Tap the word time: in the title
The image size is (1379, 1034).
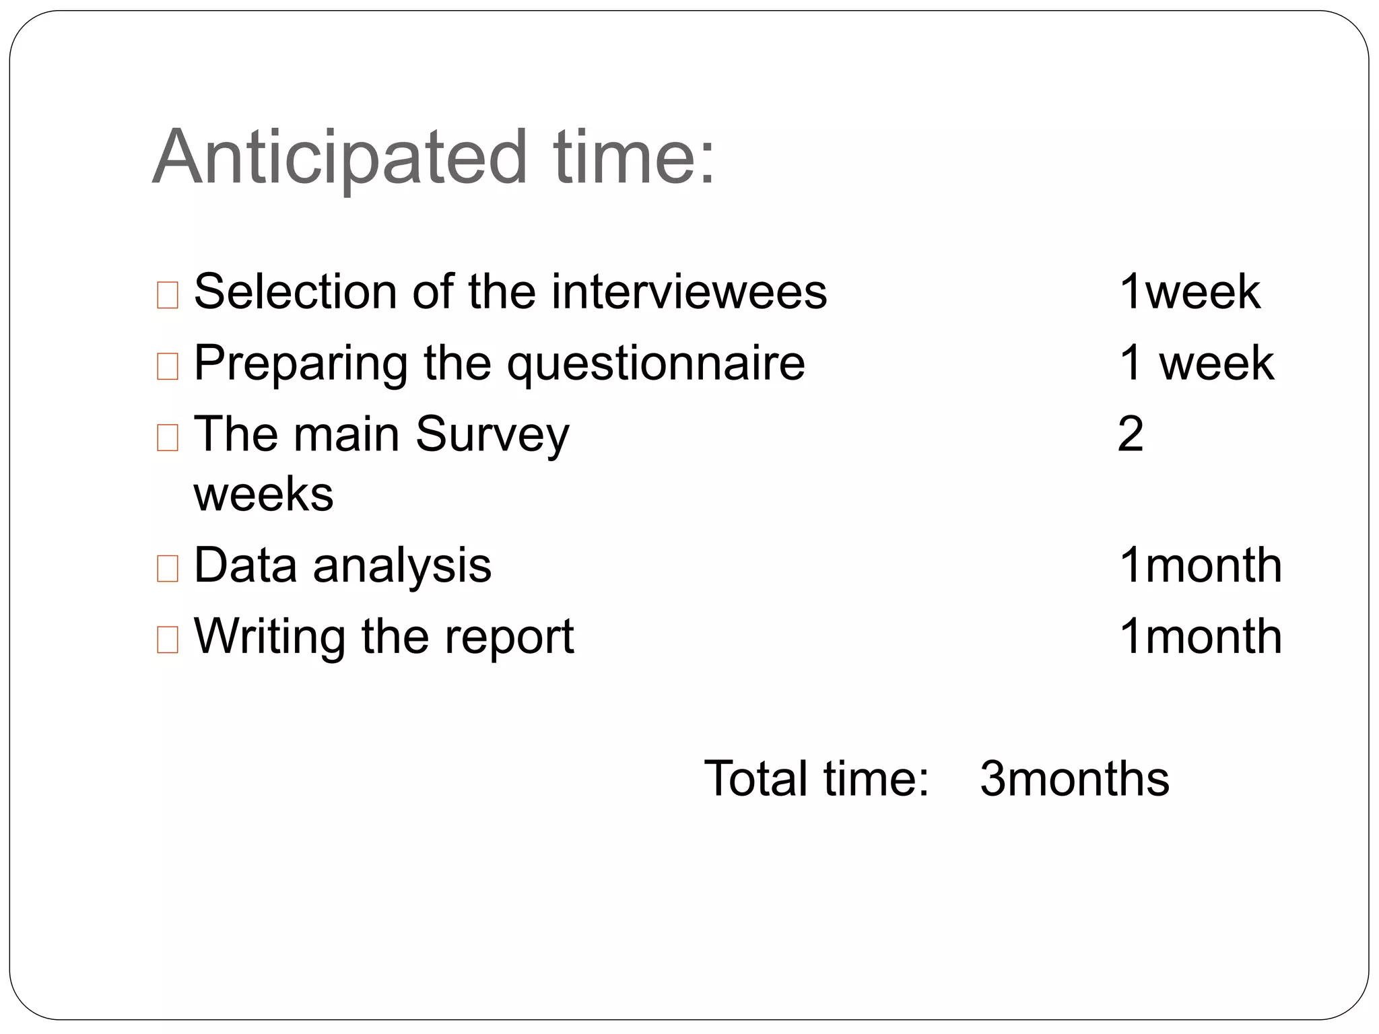pos(634,158)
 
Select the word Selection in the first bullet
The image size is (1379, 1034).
pos(296,291)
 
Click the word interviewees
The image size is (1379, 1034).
pos(688,291)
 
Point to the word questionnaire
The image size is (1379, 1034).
pos(655,364)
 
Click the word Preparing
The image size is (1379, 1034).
pos(300,364)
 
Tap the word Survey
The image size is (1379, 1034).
pos(492,435)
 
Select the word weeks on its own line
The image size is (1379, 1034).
pos(263,494)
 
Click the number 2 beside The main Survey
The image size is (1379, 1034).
pos(1130,434)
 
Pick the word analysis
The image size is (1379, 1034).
pos(402,565)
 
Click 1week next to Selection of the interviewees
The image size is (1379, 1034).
pos(1189,291)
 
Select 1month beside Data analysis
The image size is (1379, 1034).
pos(1200,565)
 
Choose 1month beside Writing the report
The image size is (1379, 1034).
pos(1200,636)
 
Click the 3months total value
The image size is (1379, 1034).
pos(1074,779)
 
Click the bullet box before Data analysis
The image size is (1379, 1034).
pos(167,568)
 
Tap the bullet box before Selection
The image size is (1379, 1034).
pos(167,295)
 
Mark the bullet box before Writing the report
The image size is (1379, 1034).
pos(167,640)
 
